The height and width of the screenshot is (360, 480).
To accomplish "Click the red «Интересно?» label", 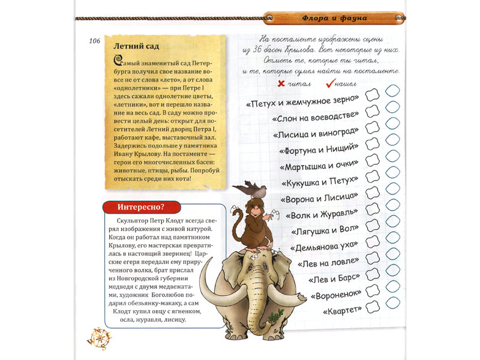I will pos(142,208).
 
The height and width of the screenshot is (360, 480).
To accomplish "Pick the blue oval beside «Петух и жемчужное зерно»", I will pos(392,92).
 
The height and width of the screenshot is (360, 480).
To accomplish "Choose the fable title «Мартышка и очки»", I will pos(319,164).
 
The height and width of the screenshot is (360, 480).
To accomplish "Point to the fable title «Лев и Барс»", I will pos(334,278).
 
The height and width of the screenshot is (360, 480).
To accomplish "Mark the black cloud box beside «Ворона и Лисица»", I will pos(373,192).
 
